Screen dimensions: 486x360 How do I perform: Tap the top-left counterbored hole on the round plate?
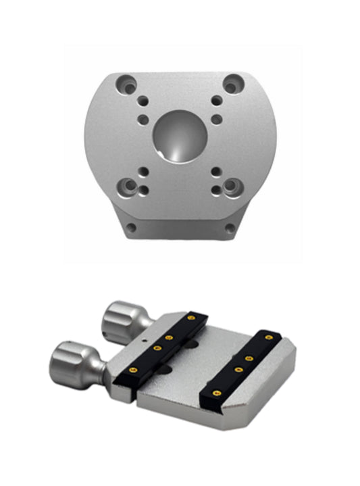click(x=126, y=84)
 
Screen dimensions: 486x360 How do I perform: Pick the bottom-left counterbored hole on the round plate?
click(x=126, y=185)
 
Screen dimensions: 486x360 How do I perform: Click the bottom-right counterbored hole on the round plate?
click(x=231, y=185)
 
